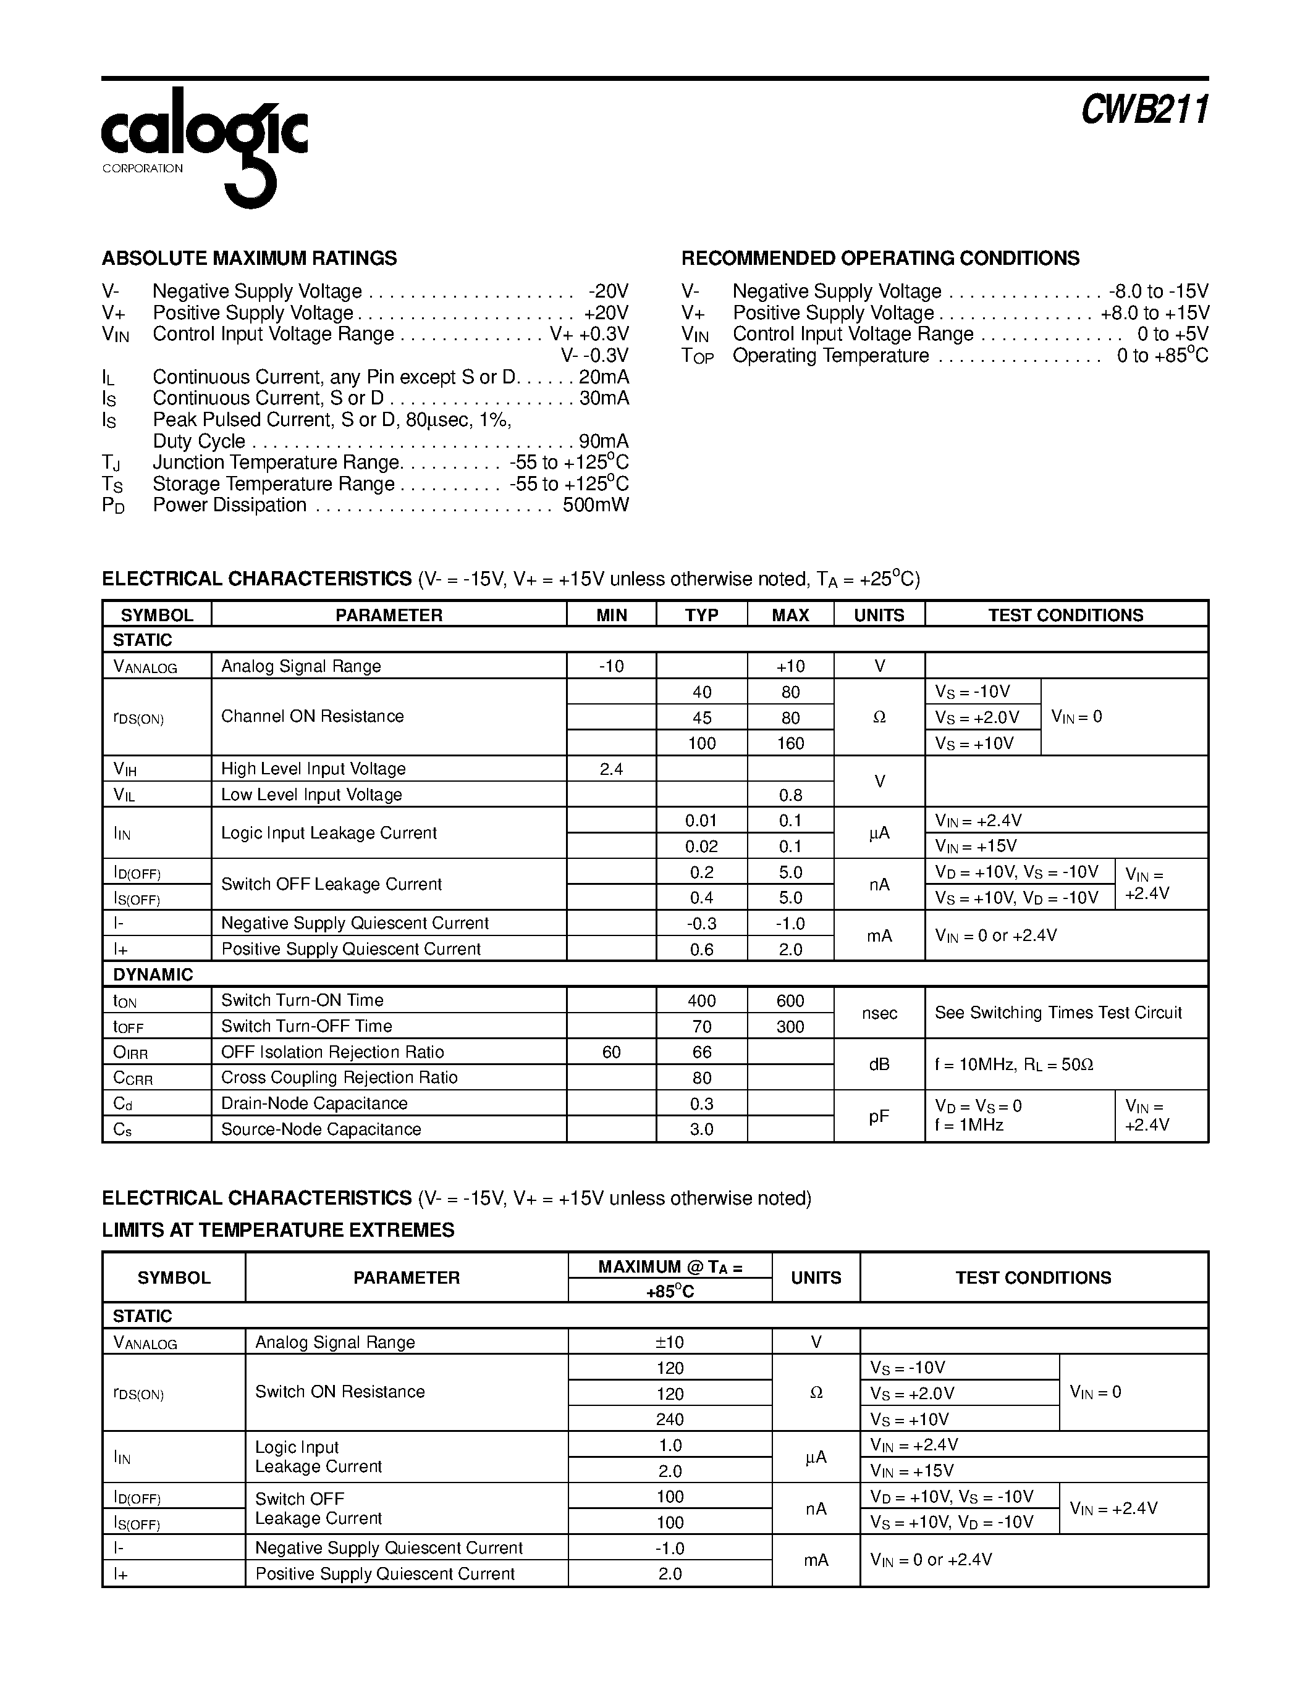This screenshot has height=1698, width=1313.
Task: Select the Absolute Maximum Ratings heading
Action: click(249, 258)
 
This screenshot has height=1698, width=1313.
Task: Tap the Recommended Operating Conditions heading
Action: click(880, 258)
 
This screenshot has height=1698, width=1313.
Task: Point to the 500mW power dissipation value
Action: click(595, 505)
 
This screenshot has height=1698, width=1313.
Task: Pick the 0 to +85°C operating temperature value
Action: click(1162, 356)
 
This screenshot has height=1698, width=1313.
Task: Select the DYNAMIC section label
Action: click(153, 974)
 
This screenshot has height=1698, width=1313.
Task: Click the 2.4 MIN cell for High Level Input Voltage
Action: click(611, 769)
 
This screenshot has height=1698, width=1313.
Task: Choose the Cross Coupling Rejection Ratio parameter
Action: click(339, 1077)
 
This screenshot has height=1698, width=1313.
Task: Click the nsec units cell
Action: click(879, 1013)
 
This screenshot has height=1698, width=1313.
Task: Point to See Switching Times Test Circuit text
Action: click(1058, 1013)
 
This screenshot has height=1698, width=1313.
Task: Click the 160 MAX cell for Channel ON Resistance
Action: click(790, 743)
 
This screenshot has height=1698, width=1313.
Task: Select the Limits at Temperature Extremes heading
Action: click(277, 1230)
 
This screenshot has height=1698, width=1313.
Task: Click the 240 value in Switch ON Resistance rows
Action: click(669, 1419)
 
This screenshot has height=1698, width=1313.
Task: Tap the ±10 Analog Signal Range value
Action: click(669, 1342)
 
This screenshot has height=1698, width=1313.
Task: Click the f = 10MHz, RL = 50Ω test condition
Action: click(1013, 1064)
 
